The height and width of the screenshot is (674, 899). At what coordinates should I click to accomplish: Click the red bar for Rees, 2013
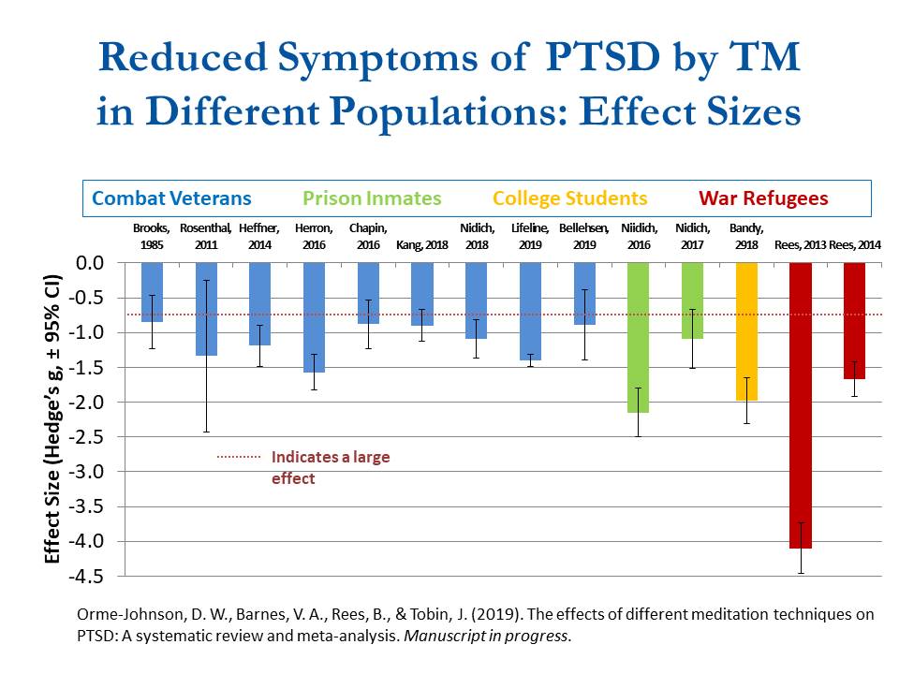click(x=801, y=403)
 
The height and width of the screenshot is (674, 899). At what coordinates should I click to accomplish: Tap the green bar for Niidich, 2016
click(x=638, y=337)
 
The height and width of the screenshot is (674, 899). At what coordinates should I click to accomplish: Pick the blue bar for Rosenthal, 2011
click(x=207, y=309)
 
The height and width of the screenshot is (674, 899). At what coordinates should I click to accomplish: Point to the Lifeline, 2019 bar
click(x=530, y=311)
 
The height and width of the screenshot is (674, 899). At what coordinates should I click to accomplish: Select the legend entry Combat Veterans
click(x=171, y=198)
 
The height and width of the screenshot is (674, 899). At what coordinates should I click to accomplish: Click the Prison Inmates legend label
click(x=372, y=198)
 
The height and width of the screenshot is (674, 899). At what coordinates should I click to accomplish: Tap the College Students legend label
click(x=569, y=198)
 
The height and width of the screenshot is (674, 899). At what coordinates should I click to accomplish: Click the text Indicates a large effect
click(x=330, y=467)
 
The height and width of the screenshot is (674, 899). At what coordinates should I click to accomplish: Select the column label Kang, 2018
click(x=421, y=245)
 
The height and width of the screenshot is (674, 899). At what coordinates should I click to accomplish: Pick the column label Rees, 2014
click(x=855, y=245)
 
